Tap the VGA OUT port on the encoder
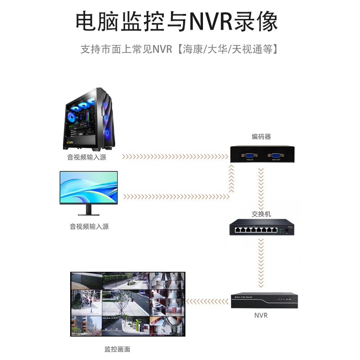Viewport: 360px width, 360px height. pyautogui.click(x=276, y=154)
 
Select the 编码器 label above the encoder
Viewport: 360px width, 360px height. pyautogui.click(x=261, y=137)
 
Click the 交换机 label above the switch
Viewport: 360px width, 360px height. pyautogui.click(x=261, y=214)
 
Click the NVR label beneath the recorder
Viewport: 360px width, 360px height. pyautogui.click(x=261, y=315)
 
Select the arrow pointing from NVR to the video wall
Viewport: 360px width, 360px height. pyautogui.click(x=207, y=300)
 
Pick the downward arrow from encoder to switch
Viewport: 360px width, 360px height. pyautogui.click(x=260, y=184)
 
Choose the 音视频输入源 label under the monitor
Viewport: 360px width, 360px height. pyautogui.click(x=89, y=227)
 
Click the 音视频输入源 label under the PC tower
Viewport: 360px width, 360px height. pyautogui.click(x=87, y=157)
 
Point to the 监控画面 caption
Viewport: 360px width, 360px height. pyautogui.click(x=117, y=349)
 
